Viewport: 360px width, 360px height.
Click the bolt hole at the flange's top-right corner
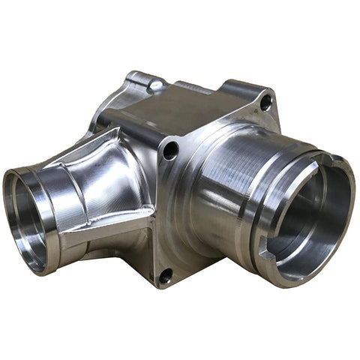pos(265,104)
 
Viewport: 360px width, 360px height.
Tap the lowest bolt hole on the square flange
pos(166,275)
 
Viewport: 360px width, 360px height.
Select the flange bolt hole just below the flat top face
pos(171,150)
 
